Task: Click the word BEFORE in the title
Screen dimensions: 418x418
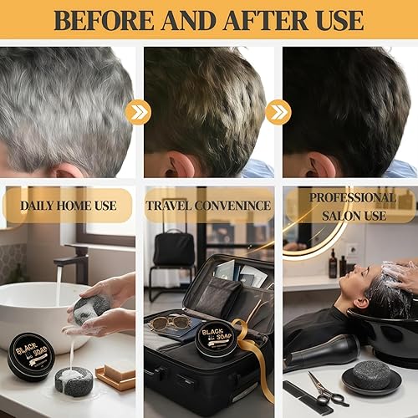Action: (99, 20)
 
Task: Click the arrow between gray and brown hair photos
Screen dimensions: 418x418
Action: (138, 112)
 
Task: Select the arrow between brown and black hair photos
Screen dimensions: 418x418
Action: (278, 112)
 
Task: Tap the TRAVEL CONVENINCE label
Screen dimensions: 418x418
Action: (209, 205)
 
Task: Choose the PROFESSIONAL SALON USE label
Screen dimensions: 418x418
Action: (351, 205)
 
